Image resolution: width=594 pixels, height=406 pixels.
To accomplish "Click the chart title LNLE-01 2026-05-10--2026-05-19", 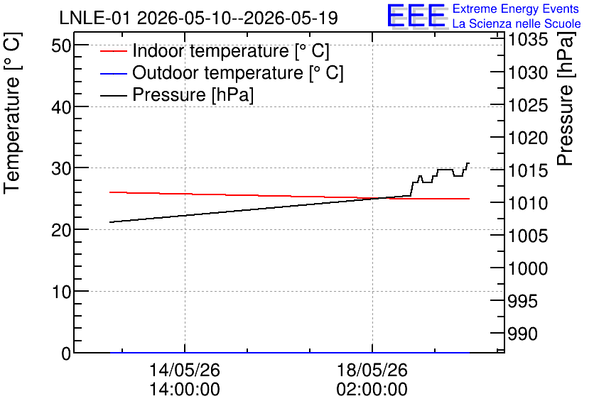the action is click(198, 18).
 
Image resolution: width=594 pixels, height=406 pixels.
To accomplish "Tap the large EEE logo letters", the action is click(416, 16).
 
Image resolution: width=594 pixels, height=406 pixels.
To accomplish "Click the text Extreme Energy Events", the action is click(516, 9).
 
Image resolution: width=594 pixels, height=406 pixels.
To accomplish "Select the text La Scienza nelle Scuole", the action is click(517, 24).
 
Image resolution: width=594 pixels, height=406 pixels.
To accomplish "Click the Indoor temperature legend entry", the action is click(215, 50).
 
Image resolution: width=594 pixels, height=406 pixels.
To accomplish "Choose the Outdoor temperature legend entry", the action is click(222, 72).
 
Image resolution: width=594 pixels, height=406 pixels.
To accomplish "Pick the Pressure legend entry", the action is click(177, 94).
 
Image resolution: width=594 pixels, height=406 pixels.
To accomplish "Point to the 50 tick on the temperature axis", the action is click(61, 46).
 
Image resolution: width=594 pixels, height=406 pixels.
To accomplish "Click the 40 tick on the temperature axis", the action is click(61, 107).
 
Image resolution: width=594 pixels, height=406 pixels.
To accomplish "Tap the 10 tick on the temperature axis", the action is click(61, 292).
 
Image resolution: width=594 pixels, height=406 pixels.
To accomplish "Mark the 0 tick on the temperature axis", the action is click(66, 353).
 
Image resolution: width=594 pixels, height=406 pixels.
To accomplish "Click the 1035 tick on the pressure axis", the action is click(528, 40).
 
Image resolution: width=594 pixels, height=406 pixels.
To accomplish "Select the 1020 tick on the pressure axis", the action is click(528, 138).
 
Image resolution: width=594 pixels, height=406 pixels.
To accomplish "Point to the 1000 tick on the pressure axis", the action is click(528, 268).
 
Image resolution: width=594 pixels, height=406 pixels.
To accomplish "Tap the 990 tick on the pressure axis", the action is click(523, 334).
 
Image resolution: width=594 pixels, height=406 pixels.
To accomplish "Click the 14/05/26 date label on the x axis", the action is click(185, 370).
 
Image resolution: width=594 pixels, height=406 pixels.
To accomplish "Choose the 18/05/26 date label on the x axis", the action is click(372, 370).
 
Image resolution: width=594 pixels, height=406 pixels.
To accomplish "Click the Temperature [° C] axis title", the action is click(12, 114).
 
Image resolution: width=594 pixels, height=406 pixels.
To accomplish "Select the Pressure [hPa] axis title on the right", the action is click(565, 99).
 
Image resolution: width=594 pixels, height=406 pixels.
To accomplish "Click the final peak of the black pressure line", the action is click(468, 163).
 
